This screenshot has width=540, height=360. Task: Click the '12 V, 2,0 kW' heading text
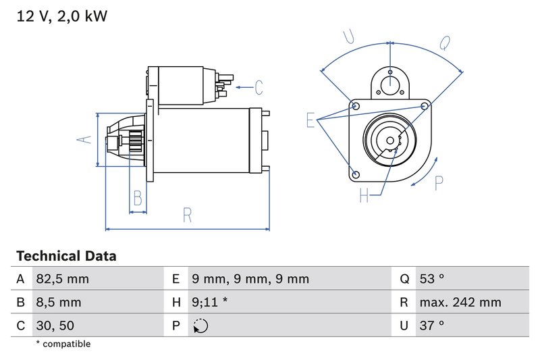coord(61,16)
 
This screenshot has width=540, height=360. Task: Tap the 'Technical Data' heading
coord(65,256)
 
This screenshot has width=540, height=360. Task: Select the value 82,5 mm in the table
coord(62,279)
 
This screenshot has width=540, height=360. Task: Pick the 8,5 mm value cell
coord(58,303)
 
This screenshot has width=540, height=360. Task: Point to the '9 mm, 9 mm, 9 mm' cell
coord(250,279)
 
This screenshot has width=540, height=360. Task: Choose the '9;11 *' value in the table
coord(210,303)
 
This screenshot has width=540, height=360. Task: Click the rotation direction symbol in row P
coord(200,326)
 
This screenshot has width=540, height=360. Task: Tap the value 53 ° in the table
coord(432,279)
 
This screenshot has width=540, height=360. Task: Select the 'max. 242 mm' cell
coord(460,303)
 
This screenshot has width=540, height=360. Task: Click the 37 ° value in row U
coord(432,326)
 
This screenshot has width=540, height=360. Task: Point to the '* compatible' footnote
coord(63,344)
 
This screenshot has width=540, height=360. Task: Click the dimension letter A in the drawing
coord(83,139)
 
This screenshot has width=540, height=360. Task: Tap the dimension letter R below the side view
coord(188,215)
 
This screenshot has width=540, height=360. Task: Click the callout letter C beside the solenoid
coord(259,87)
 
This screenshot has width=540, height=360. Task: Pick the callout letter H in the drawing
coord(364,195)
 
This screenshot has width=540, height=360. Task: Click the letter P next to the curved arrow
coord(439,182)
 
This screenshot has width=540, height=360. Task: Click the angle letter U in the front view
coord(349,37)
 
